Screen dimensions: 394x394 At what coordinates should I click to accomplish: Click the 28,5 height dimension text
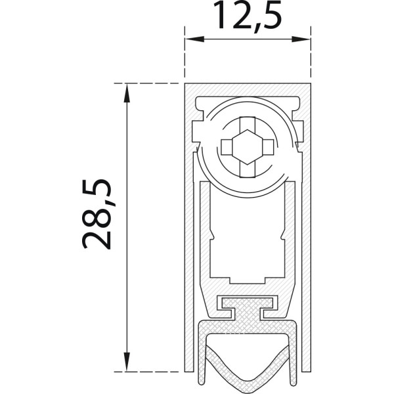click(x=97, y=214)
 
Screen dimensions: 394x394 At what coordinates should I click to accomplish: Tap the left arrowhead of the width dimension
click(x=194, y=39)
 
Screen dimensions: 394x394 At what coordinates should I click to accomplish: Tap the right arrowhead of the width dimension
click(x=301, y=39)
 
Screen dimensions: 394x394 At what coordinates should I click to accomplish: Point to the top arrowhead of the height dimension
click(x=127, y=93)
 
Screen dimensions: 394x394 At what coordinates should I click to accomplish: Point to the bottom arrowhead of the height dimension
click(x=127, y=362)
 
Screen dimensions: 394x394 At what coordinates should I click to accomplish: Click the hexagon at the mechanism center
click(x=248, y=147)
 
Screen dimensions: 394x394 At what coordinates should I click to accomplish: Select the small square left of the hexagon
click(x=227, y=147)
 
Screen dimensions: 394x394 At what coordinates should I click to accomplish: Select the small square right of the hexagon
click(x=268, y=147)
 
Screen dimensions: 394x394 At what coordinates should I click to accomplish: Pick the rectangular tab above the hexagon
click(x=248, y=123)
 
